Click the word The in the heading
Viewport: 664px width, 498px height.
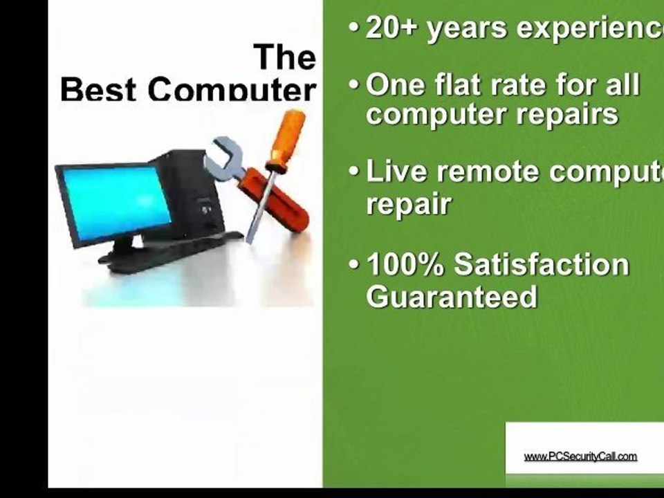(284, 57)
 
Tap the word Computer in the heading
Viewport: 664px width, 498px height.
(232, 90)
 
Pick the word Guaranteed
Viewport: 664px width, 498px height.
(452, 297)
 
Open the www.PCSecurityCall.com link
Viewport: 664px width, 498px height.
(580, 456)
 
